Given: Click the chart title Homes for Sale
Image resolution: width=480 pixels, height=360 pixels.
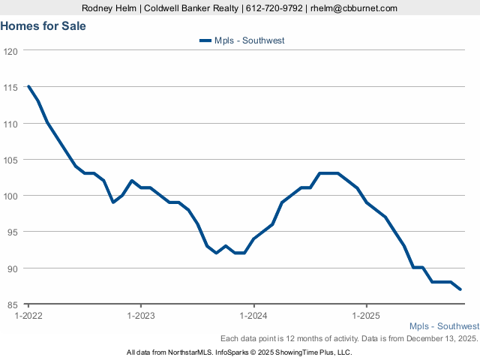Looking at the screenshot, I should [43, 26].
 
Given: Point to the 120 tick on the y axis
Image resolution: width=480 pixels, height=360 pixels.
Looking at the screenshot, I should [10, 52].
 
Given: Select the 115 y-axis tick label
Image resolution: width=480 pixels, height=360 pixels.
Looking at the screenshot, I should [10, 88].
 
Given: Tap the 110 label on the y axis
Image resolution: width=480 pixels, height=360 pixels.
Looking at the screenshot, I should [10, 124].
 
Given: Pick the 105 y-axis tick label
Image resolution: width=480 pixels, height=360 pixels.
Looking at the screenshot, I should [10, 160].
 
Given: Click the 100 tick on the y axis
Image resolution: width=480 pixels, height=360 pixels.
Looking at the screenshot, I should [10, 196].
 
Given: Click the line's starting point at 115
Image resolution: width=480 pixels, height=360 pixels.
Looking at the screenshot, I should [28, 86].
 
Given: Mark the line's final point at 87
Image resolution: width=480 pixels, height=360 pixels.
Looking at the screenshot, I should [460, 289].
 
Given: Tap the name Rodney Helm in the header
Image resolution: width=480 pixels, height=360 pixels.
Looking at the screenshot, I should [109, 8].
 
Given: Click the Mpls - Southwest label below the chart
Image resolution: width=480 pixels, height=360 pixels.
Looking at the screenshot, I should [444, 326].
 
